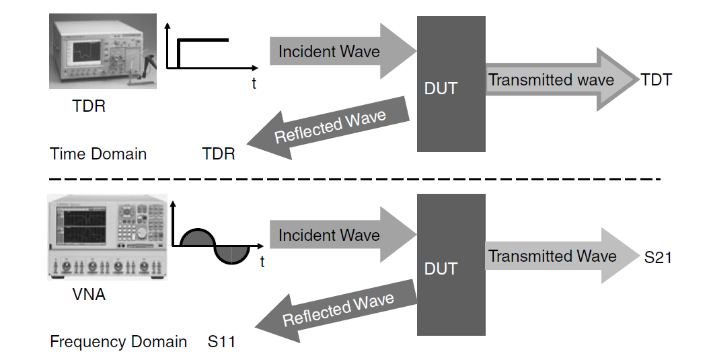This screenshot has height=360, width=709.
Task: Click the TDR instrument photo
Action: [x=102, y=51]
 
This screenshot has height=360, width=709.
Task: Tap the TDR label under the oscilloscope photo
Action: [x=89, y=106]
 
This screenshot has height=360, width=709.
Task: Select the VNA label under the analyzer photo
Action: [x=89, y=294]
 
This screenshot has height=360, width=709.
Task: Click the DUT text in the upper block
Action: [x=441, y=88]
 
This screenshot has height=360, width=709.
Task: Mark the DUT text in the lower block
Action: [x=441, y=269]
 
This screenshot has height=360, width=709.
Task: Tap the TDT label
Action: [x=656, y=80]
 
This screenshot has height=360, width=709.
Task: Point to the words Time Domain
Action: [x=98, y=154]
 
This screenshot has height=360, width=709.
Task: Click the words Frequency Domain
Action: [x=118, y=342]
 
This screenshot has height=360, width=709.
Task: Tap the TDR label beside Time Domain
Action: [x=219, y=154]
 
